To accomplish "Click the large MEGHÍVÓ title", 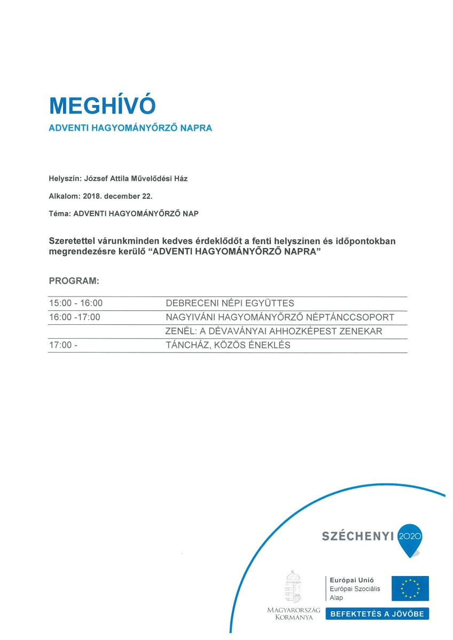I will [102, 106].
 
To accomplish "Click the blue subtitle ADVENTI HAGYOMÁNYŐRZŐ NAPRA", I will [130, 129].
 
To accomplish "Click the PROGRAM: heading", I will [74, 281].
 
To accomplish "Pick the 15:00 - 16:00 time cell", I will [76, 303].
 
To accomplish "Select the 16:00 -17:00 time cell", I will [75, 317].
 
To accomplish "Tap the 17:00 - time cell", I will [63, 345].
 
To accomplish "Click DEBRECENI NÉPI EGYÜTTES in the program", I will [230, 303].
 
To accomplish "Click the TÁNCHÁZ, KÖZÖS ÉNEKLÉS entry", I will [228, 345].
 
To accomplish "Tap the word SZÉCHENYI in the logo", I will [357, 536].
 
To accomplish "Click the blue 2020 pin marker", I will [410, 538].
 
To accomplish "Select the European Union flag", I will [410, 588].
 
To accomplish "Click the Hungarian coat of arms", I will [293, 587].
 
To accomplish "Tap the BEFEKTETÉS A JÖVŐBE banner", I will [377, 614].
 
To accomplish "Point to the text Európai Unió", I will [352, 580].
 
